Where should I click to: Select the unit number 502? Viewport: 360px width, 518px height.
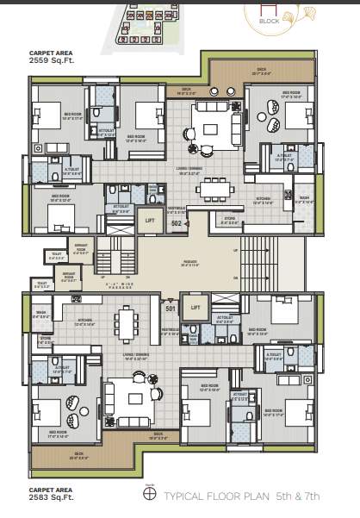(x=176, y=222)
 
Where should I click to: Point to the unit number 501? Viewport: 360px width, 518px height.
(x=171, y=309)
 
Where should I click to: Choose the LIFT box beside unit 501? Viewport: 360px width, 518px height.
(x=196, y=307)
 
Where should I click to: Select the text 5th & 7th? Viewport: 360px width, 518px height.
(x=299, y=496)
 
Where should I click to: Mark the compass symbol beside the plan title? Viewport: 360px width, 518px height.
(x=148, y=496)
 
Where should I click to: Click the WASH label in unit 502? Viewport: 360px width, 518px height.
(x=304, y=197)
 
